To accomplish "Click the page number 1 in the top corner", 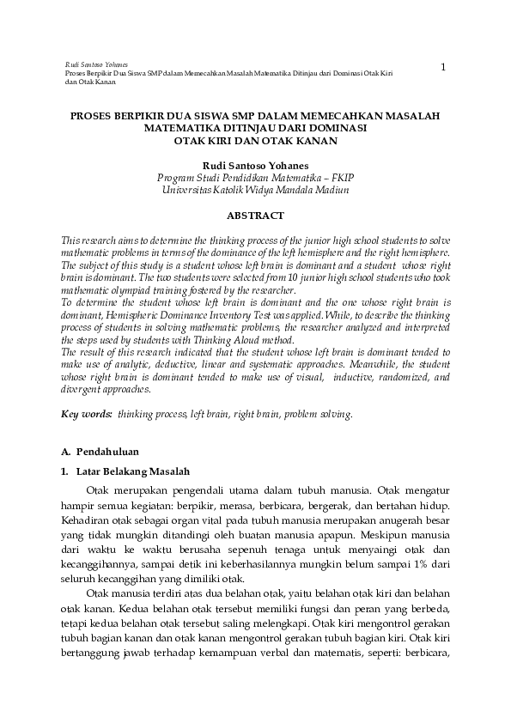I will (x=443, y=67).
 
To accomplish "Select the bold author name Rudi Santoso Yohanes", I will (x=255, y=164).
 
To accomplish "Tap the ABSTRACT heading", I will (x=255, y=215).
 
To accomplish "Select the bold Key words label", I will (x=87, y=413).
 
